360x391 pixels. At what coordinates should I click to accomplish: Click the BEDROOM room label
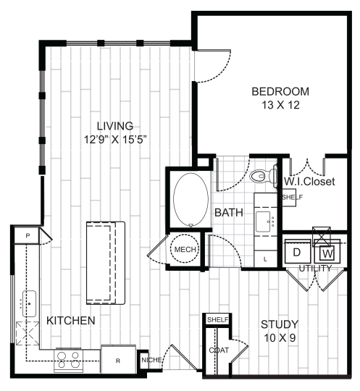coord(280,92)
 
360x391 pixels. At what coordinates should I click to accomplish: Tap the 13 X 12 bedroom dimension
coord(280,105)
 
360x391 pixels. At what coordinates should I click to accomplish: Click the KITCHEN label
coord(71,319)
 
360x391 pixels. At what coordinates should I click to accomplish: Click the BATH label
coord(229,213)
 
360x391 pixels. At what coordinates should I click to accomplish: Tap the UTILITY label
coord(314,269)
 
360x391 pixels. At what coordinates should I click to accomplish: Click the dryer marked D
coord(296,253)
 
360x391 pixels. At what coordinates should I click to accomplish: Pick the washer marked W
coord(327,253)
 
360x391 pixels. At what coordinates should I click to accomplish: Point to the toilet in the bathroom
coord(260,175)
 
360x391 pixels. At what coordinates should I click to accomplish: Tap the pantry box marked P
coord(27,235)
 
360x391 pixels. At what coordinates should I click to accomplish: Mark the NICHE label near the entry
coord(151,358)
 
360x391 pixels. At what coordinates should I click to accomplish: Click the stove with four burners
coord(68,359)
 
